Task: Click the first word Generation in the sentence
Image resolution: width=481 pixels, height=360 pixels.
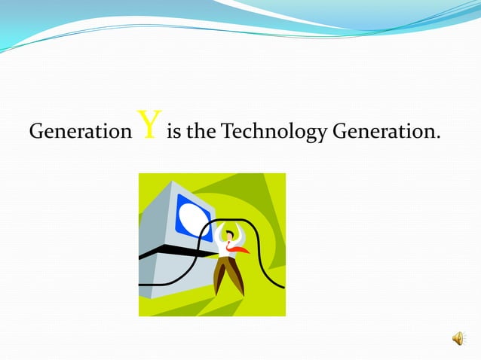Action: (80, 133)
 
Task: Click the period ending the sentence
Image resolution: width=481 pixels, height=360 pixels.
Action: (438, 139)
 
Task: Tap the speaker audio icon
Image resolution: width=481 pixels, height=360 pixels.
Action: (458, 340)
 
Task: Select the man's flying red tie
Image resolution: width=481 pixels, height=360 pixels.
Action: (240, 249)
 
